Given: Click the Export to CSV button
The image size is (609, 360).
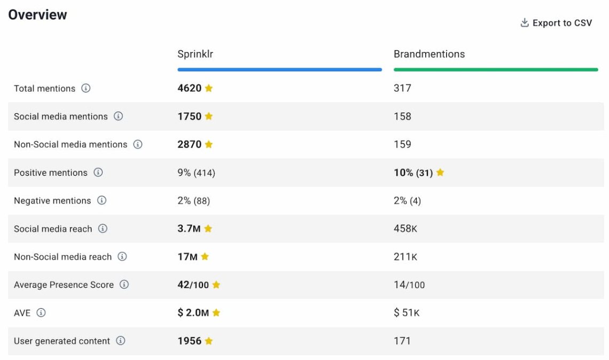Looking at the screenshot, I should (x=556, y=23).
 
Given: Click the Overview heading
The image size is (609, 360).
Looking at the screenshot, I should (x=37, y=14).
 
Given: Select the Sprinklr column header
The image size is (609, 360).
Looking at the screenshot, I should (x=195, y=54).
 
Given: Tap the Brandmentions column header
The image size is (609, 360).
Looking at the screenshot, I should (x=429, y=54).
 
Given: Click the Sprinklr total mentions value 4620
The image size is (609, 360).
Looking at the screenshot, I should (x=190, y=88).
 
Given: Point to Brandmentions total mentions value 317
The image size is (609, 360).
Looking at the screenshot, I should (x=402, y=88).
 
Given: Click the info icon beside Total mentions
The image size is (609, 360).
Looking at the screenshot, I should (x=85, y=88).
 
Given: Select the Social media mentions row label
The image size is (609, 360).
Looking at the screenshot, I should (x=61, y=116).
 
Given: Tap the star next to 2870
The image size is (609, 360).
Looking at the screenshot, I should (x=209, y=144).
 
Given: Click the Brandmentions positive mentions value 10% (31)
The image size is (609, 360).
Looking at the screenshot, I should (x=413, y=173).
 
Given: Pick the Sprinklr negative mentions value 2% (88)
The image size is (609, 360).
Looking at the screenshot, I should (x=193, y=201).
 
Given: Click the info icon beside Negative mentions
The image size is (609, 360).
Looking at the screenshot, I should (x=101, y=200).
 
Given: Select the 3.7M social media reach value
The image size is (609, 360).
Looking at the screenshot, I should (x=189, y=229).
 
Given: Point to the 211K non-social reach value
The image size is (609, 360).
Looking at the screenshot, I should (x=405, y=257).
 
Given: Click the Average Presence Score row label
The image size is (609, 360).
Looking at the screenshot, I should (x=64, y=285).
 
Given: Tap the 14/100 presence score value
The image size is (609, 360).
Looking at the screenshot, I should (x=409, y=285).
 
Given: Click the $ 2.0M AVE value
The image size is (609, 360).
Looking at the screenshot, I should (x=193, y=313).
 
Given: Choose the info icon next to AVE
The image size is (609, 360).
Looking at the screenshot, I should (x=41, y=312).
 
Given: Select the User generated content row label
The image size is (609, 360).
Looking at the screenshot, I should (x=62, y=341).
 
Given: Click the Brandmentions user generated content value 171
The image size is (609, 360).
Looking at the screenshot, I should (x=402, y=341).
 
